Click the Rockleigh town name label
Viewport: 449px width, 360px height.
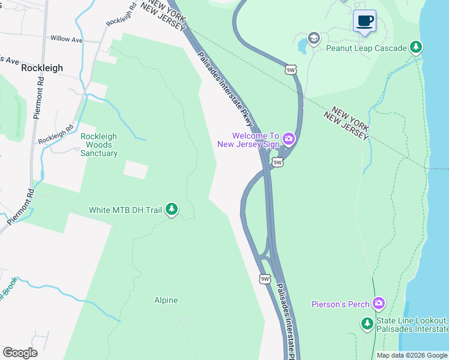[42, 68]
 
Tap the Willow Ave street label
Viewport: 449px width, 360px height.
[67, 39]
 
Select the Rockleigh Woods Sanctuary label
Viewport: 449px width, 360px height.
[99, 145]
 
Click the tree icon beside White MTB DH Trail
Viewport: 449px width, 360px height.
[172, 209]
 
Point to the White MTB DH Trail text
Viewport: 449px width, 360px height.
[125, 210]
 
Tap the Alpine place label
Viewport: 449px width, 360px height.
[166, 300]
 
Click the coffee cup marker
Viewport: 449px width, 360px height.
[364, 21]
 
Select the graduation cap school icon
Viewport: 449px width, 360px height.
[313, 39]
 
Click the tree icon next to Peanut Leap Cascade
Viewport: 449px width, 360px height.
[415, 47]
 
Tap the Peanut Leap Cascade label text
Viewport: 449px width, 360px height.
[366, 47]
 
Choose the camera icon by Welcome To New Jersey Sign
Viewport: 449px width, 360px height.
[289, 140]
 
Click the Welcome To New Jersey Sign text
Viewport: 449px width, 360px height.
[248, 140]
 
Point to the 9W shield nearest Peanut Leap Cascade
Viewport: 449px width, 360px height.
[291, 70]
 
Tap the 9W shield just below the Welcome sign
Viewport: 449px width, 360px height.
[277, 162]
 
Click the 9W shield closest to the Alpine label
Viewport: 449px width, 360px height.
[265, 279]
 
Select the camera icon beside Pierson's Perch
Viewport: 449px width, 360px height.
[378, 304]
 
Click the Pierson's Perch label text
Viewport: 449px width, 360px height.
[340, 304]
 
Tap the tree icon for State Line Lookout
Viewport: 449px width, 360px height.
[367, 324]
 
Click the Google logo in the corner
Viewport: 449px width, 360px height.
[20, 353]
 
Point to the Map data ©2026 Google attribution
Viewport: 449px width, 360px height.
[411, 355]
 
